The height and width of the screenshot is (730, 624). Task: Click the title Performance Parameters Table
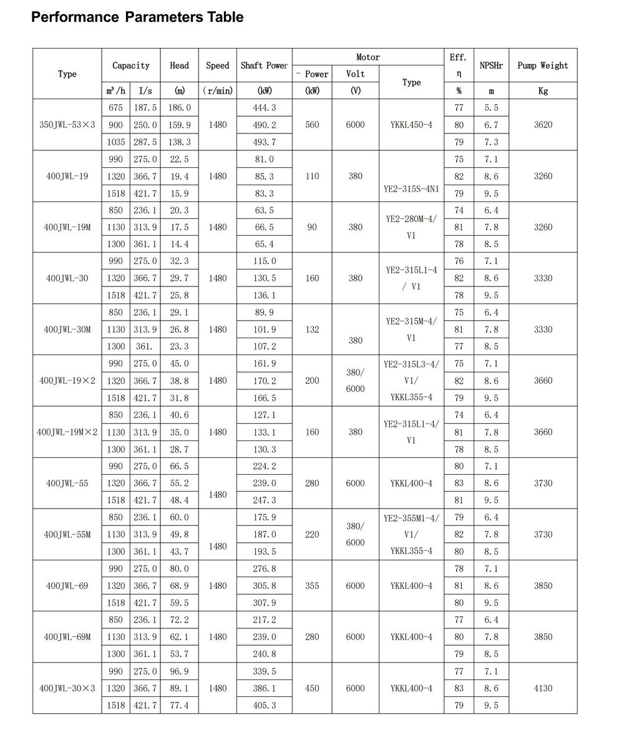137,17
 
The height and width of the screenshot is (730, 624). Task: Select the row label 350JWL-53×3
67,125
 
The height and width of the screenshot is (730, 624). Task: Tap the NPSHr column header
491,66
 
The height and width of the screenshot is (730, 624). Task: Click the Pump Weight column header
543,66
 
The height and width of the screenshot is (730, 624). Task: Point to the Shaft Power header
265,66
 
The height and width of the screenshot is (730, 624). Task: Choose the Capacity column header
131,66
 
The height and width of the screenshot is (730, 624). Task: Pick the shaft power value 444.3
265,108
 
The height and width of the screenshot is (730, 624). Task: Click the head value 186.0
180,108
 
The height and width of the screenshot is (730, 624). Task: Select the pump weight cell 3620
543,125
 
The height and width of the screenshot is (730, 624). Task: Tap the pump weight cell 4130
543,688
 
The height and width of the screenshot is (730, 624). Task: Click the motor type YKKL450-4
411,125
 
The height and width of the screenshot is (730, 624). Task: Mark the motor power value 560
312,125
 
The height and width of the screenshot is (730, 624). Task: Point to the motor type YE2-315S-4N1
411,188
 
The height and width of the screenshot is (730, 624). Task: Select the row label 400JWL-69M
67,637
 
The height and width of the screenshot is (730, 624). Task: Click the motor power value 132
312,329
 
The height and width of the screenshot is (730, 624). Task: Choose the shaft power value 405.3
265,705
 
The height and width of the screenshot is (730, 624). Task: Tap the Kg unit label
543,91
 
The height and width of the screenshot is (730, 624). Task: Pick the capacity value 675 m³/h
115,108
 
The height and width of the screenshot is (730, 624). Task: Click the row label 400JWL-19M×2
67,432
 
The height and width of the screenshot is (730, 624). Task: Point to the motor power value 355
312,586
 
